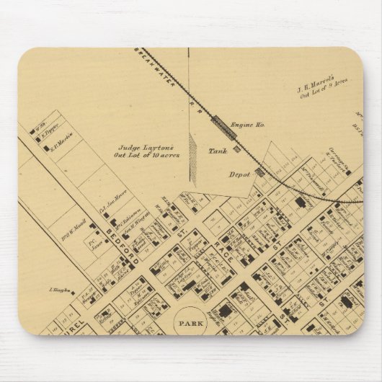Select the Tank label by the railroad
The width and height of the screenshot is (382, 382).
tap(216, 151)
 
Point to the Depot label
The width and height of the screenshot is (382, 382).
tap(239, 174)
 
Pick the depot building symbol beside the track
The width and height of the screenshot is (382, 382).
tap(259, 172)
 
